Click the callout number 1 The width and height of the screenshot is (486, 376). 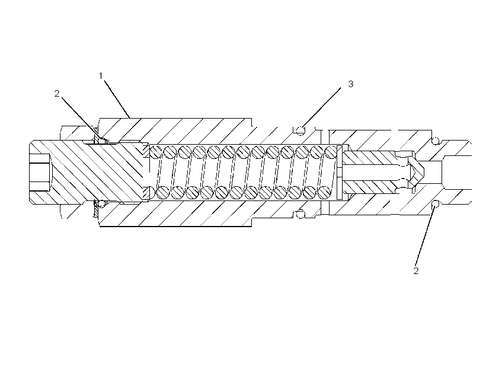coord(100,76)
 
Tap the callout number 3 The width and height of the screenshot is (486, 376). coord(350,84)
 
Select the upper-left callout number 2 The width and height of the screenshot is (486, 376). coord(57,94)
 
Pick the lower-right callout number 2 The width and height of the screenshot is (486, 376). coord(416,271)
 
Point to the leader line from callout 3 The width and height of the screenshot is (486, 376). coord(321,108)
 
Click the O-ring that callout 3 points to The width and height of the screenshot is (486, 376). coord(300,130)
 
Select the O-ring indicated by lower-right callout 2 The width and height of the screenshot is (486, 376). coord(436,204)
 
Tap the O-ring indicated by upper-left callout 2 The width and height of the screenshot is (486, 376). coord(101,140)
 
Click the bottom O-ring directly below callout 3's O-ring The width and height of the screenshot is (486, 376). coord(300,214)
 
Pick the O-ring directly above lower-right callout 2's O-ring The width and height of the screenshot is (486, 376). coord(436,141)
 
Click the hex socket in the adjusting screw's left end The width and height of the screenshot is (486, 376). coord(40,173)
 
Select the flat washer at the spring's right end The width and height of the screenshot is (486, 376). coord(339,172)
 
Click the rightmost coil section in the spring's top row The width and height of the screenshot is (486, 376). coord(331,152)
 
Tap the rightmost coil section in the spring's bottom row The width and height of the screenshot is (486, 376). coord(324,192)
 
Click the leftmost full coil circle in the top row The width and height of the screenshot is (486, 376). coord(170,152)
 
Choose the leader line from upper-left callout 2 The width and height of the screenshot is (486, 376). coord(80,117)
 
